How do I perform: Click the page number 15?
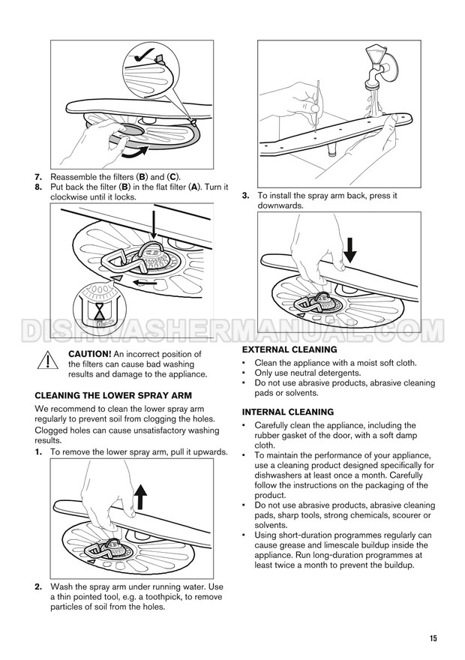tap(433, 638)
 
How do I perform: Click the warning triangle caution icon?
tap(47, 360)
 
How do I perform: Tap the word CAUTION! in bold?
tap(90, 355)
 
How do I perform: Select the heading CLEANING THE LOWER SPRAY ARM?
tap(113, 396)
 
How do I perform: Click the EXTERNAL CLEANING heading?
tap(289, 349)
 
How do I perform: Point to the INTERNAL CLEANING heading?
tap(288, 412)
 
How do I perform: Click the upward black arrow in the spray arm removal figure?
tap(142, 496)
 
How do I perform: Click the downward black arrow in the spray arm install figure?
tap(349, 250)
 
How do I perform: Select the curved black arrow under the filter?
tap(135, 152)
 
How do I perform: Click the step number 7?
tap(38, 177)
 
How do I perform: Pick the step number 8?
tap(38, 187)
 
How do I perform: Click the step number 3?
tap(246, 196)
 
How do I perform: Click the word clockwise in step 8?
tap(68, 197)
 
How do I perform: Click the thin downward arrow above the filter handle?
tap(154, 226)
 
